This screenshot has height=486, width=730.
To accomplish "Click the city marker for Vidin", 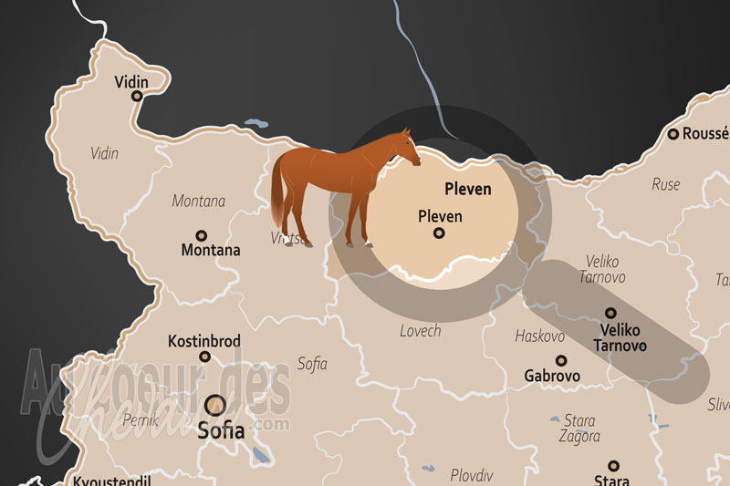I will (x=137, y=96).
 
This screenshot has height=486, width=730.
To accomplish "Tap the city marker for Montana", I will (x=201, y=233).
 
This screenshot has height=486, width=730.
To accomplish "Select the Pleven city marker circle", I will (x=439, y=233).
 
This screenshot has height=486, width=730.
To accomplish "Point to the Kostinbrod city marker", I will (x=204, y=357).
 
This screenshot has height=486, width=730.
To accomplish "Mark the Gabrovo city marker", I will (x=560, y=360).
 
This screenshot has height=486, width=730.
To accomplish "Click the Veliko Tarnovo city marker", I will (x=610, y=313).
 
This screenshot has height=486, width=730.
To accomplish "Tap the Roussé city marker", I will (x=673, y=134).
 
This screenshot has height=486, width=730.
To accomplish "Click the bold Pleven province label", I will (x=467, y=190).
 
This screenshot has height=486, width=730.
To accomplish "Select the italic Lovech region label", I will (x=420, y=331).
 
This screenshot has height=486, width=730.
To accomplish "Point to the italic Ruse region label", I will (x=665, y=184).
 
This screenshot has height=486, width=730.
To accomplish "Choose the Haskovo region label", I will (x=539, y=336).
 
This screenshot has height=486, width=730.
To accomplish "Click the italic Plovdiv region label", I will (x=471, y=475).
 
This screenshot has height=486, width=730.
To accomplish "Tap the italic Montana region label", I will (x=199, y=201).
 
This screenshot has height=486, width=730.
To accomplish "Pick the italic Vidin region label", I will (x=104, y=153).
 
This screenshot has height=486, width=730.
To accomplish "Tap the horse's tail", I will (x=276, y=196).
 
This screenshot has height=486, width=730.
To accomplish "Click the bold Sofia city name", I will (x=221, y=429).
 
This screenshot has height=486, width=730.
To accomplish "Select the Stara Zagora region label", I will (x=579, y=429).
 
